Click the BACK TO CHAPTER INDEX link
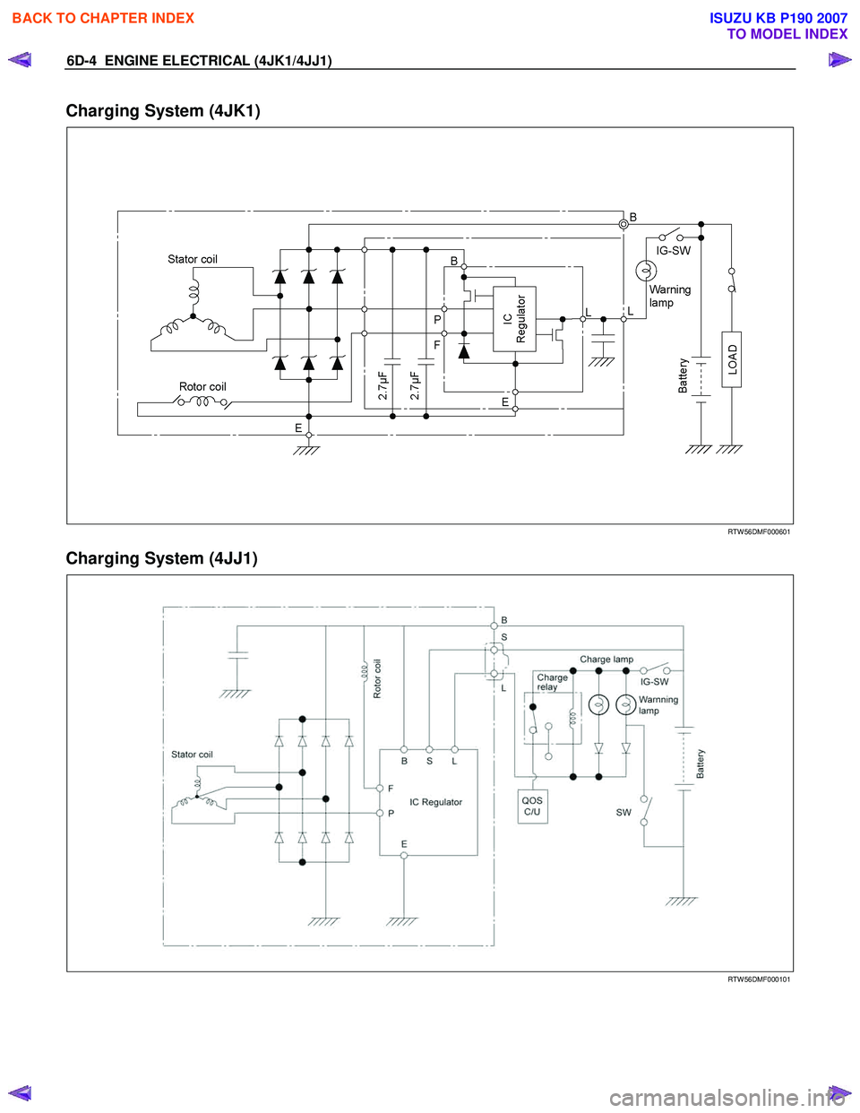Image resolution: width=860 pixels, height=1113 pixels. [103, 18]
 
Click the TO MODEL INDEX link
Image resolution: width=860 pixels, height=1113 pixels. [787, 34]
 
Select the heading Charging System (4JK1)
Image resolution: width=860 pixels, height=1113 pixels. [163, 111]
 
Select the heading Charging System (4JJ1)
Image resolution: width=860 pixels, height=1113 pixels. [161, 558]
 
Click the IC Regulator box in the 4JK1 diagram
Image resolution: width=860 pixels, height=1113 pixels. [514, 319]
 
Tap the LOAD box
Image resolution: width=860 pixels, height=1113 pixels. [732, 359]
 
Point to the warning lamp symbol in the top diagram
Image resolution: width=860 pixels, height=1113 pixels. [646, 271]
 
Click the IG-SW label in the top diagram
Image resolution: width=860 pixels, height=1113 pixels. [673, 251]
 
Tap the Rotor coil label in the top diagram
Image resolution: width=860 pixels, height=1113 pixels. [202, 387]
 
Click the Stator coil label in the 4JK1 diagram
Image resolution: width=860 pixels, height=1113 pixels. [193, 260]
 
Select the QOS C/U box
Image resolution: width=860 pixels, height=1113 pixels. [532, 806]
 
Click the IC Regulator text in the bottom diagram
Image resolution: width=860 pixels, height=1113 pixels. [435, 802]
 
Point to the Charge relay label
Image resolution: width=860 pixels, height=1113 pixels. [552, 682]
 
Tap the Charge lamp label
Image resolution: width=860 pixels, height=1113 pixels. [606, 660]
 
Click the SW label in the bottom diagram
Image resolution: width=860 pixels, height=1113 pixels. [623, 813]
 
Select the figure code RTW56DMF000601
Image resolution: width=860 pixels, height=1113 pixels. [758, 532]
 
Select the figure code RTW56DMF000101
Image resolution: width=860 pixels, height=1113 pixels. [758, 979]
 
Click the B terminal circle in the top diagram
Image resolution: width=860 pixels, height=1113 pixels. [623, 224]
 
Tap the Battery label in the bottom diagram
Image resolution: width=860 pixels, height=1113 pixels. [701, 764]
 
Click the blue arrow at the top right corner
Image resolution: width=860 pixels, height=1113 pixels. [839, 60]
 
